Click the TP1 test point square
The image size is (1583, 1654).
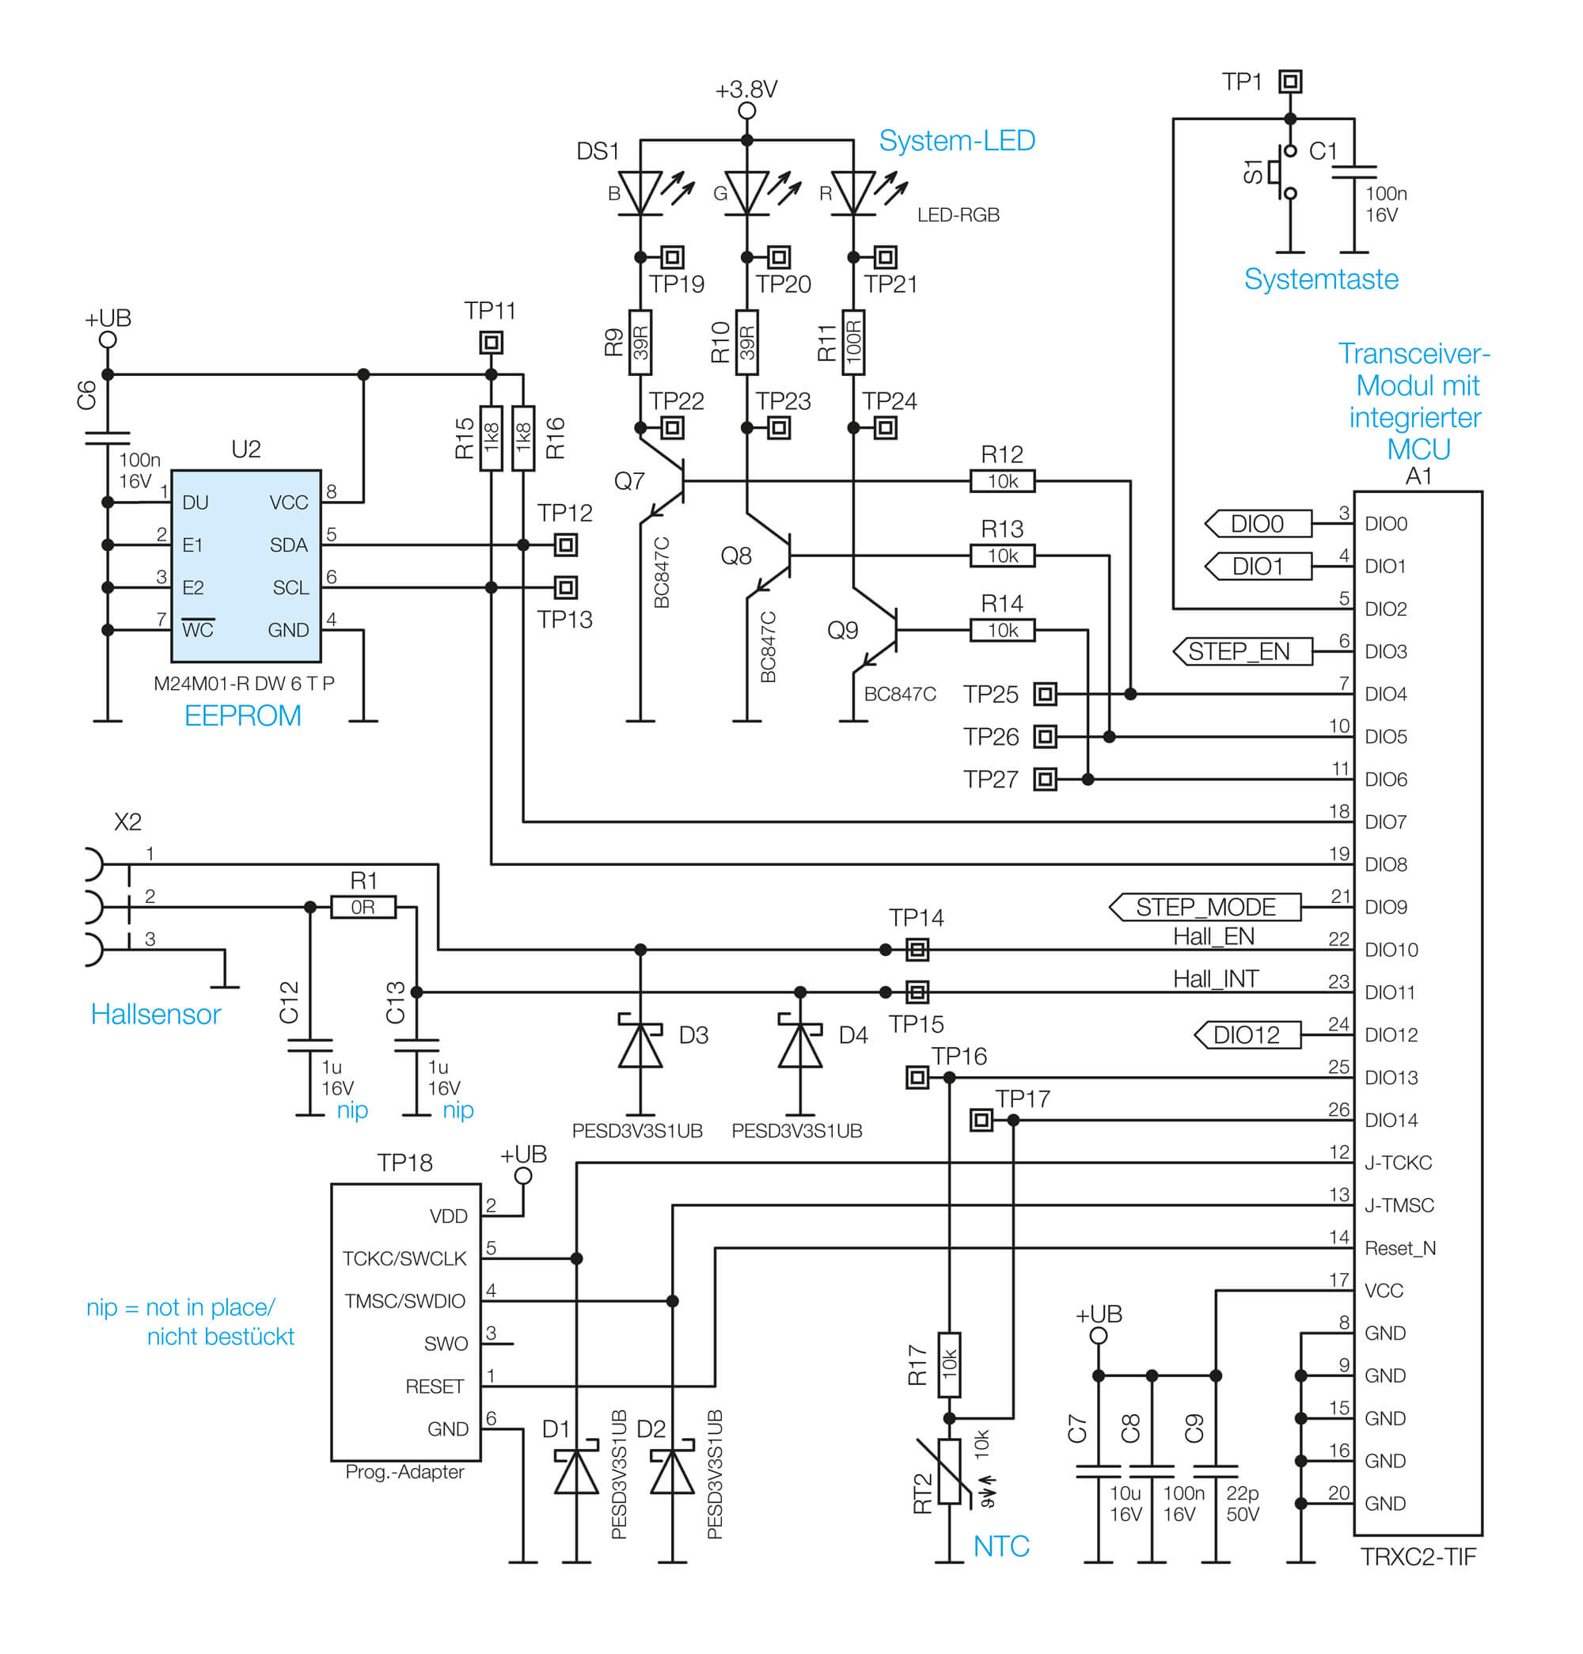[x=1289, y=82]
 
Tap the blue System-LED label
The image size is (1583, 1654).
[x=957, y=140]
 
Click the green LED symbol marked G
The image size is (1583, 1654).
[x=746, y=193]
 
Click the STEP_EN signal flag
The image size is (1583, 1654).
[x=1243, y=651]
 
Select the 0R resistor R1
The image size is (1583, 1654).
[x=363, y=907]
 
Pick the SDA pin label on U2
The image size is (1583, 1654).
[x=288, y=545]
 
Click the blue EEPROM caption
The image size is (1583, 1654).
[x=242, y=715]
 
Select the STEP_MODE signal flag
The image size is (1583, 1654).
[x=1205, y=907]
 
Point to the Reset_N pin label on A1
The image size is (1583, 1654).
[x=1399, y=1248]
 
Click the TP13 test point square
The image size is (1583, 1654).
[x=566, y=587]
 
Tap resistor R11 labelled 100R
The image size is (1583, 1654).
[x=853, y=343]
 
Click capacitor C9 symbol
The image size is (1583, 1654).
[x=1215, y=1471]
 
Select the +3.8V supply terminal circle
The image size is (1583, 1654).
[x=746, y=112]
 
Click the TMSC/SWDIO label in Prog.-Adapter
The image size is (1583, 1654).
[x=404, y=1301]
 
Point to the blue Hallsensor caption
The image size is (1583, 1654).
[x=155, y=1015]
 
